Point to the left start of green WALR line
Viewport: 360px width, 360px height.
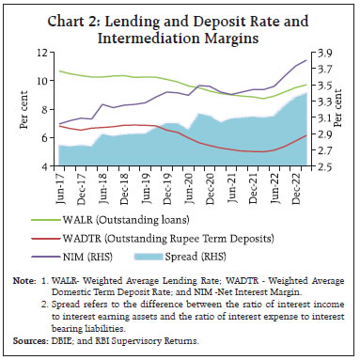58,71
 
